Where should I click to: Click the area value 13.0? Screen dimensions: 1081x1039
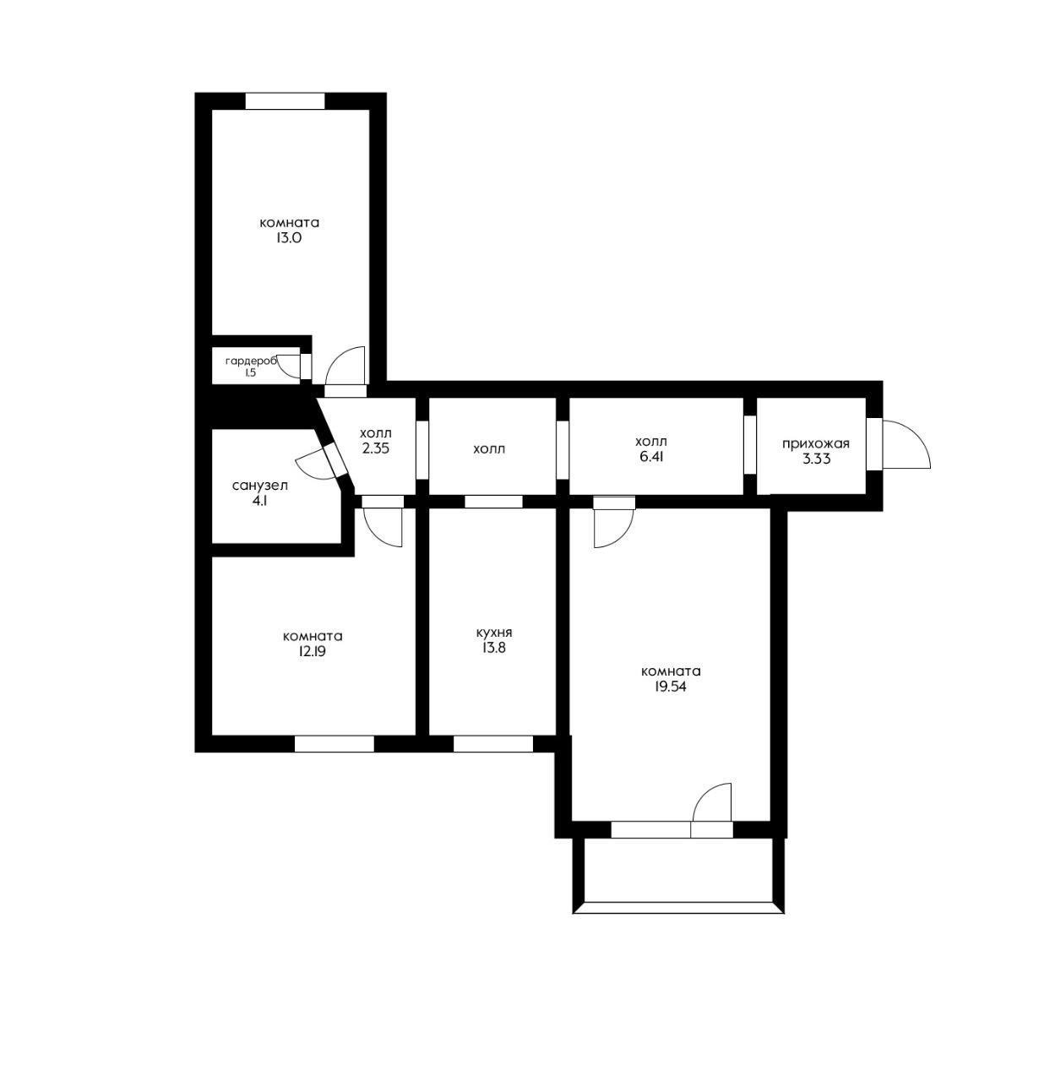(x=289, y=239)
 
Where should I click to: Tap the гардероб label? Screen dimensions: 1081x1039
(x=250, y=361)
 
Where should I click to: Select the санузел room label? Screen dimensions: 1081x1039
(x=260, y=486)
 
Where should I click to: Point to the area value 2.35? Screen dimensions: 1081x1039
(x=375, y=449)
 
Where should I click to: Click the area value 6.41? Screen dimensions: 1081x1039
(x=650, y=457)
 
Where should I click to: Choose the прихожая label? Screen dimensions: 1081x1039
(x=815, y=444)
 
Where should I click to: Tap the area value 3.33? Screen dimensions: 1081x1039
(x=815, y=459)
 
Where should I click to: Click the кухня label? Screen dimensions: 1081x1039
(x=493, y=633)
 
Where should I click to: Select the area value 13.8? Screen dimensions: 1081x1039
(x=493, y=649)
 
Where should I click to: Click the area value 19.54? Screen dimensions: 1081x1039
(x=671, y=687)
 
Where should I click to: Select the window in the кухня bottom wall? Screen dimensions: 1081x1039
(x=493, y=744)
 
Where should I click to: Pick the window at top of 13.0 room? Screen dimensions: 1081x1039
(x=285, y=101)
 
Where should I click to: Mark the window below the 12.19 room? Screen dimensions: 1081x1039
(x=334, y=744)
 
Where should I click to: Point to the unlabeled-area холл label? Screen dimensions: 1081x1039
(x=489, y=449)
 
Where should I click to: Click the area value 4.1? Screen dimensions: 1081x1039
(x=260, y=501)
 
